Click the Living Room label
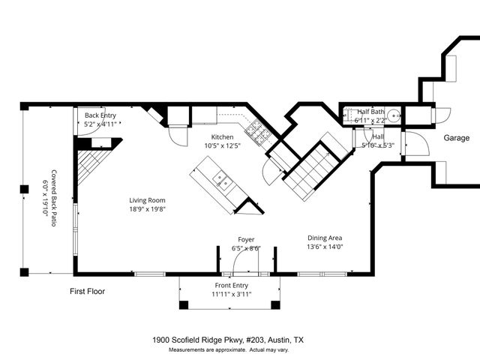147,200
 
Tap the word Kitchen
222,137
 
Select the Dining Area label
325,237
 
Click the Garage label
456,138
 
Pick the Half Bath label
370,112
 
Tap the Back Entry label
100,115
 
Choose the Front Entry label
231,286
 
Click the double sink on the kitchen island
221,179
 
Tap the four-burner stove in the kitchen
257,132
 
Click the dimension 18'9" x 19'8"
147,210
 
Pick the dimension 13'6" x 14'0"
325,247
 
